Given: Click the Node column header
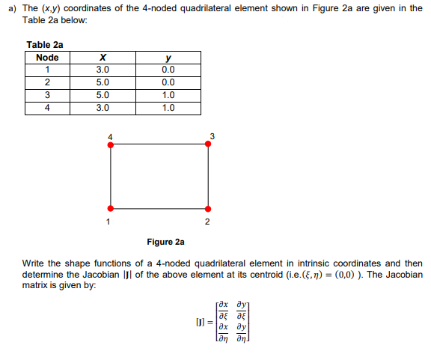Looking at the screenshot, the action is point(47,58).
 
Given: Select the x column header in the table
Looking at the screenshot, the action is point(103,58).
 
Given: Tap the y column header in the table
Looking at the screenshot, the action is point(168,58).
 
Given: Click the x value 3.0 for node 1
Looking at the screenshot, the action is point(103,70).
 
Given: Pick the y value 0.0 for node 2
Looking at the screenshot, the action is point(168,82).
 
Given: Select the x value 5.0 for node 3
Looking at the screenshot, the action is point(103,95).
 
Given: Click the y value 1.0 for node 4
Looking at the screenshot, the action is point(168,107).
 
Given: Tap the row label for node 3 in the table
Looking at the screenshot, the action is point(47,95).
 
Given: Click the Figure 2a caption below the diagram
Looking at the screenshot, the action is point(165,242).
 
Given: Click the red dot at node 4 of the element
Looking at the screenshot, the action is point(111,145).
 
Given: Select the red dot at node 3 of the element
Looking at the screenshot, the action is point(207,145).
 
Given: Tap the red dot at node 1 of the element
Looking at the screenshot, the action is point(111,208).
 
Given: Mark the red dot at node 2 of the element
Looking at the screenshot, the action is point(207,208).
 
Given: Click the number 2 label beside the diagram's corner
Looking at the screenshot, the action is point(207,222).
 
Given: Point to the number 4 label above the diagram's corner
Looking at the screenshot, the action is point(110,135).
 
